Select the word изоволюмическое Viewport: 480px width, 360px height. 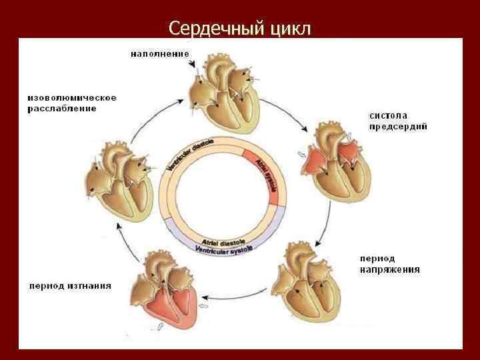71,97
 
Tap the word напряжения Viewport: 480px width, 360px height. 389,269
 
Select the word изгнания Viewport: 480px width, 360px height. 89,286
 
